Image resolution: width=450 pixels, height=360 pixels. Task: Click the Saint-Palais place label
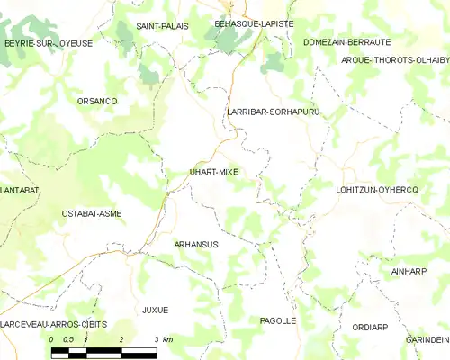162,26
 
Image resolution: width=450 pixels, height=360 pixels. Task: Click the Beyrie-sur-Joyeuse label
49,42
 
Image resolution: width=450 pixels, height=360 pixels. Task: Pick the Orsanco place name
97,101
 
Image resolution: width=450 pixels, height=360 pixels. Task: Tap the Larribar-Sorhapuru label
274,112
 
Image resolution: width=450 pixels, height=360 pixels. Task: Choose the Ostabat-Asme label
92,213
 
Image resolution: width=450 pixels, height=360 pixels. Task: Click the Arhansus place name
196,244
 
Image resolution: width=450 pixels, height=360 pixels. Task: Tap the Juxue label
155,310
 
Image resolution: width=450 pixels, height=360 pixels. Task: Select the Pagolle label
277,320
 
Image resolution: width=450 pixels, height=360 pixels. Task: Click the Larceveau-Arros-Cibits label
53,324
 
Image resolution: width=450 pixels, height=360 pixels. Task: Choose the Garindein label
427,339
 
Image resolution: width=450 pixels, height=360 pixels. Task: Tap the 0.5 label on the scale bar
68,339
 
